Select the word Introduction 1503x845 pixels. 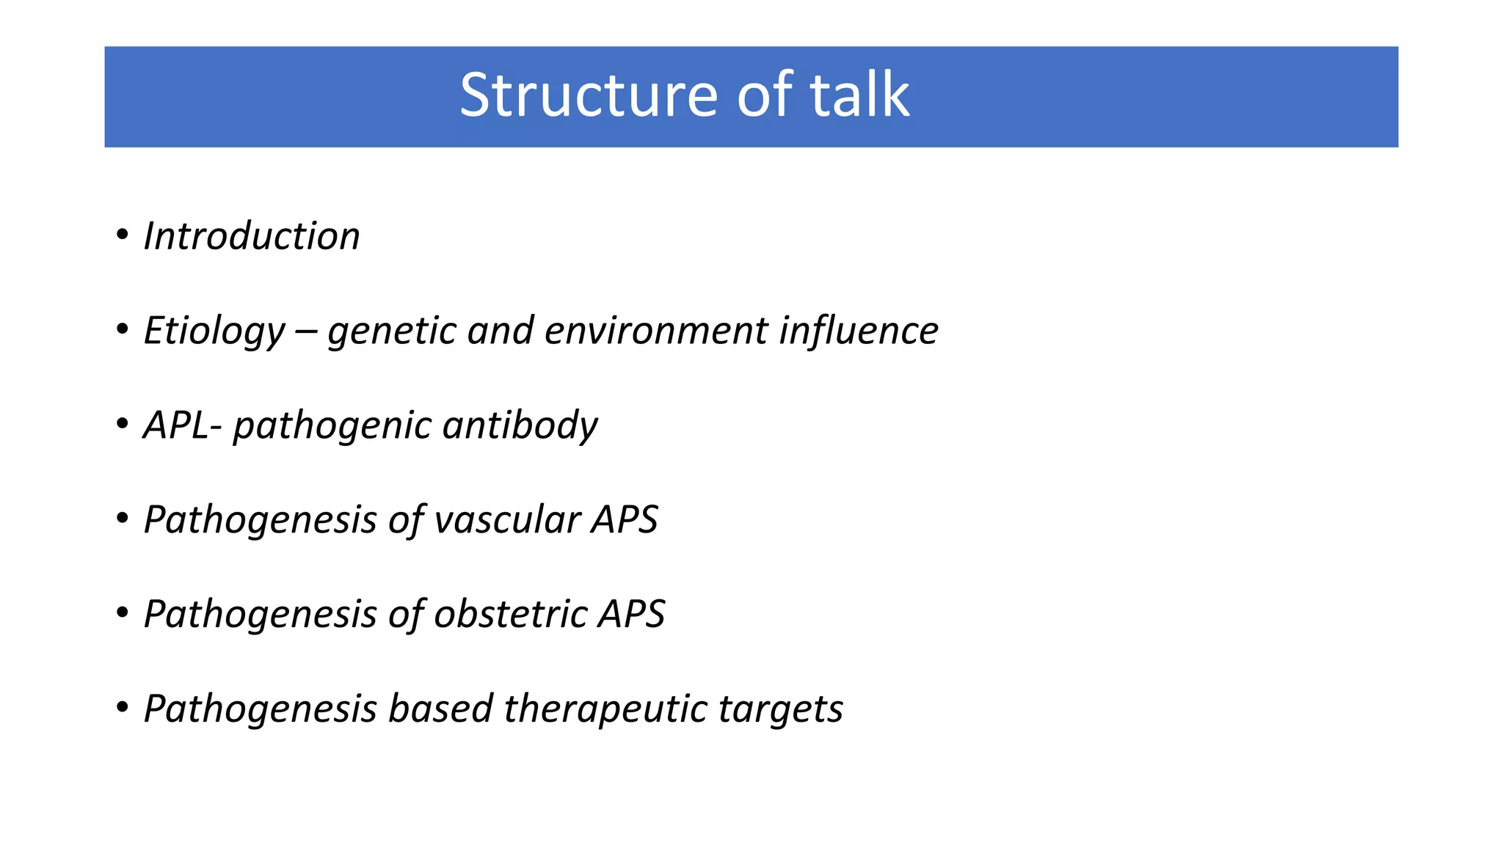click(x=252, y=236)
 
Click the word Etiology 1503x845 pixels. click(x=214, y=331)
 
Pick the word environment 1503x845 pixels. click(x=656, y=331)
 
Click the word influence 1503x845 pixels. click(x=858, y=331)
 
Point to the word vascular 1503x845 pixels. click(x=508, y=519)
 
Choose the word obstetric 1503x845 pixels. click(x=511, y=614)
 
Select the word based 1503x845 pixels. click(x=440, y=709)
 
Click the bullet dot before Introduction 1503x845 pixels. click(x=123, y=235)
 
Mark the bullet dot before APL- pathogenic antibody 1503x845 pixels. click(x=123, y=425)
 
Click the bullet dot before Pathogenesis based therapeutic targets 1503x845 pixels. click(x=123, y=708)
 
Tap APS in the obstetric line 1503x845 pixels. click(x=631, y=614)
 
